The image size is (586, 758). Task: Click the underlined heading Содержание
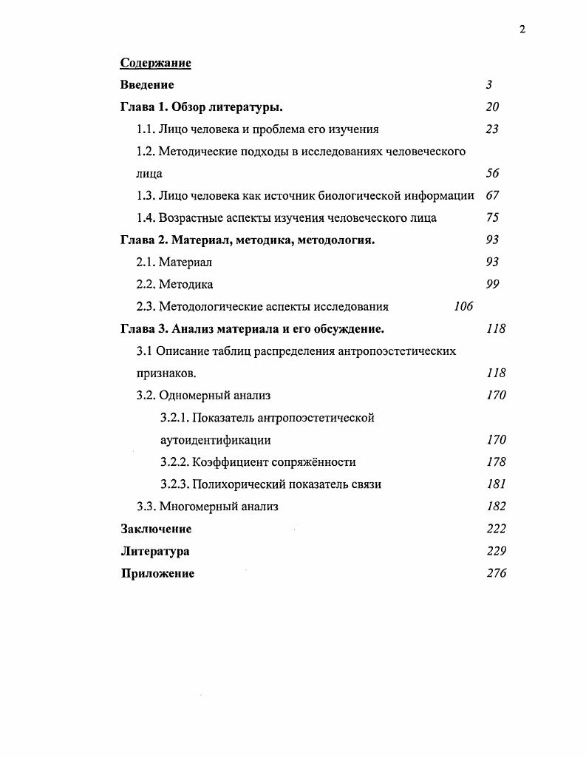click(155, 63)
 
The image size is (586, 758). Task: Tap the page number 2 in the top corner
click(522, 30)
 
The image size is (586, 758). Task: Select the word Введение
click(147, 85)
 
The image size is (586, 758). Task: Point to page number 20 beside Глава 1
click(492, 107)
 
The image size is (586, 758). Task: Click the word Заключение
click(156, 529)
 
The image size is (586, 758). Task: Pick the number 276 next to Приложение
click(496, 573)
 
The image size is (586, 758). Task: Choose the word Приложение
click(157, 574)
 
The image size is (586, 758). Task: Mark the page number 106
click(463, 307)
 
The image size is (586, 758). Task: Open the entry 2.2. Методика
click(174, 285)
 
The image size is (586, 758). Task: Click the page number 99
click(492, 285)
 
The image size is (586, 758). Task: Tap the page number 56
click(492, 174)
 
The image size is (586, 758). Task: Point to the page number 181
click(496, 484)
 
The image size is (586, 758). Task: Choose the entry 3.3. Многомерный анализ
click(207, 507)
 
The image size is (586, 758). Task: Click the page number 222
click(496, 529)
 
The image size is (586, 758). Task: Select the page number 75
click(492, 218)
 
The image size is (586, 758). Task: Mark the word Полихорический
click(238, 484)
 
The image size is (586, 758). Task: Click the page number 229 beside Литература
click(496, 551)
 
